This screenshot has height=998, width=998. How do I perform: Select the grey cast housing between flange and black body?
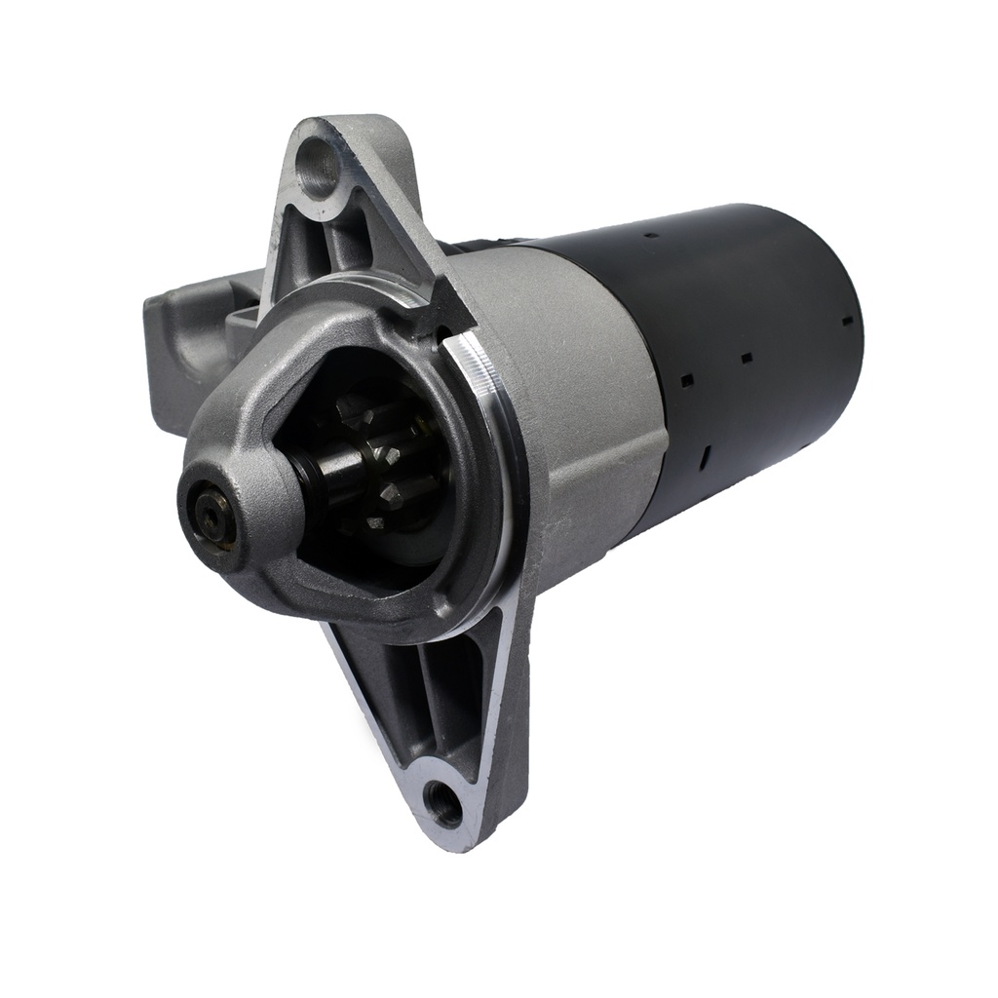tap(585, 390)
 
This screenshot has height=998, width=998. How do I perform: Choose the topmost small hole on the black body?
tap(651, 235)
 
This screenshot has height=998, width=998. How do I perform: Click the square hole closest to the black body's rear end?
tap(847, 320)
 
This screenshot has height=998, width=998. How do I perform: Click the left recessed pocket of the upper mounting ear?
tap(292, 244)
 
